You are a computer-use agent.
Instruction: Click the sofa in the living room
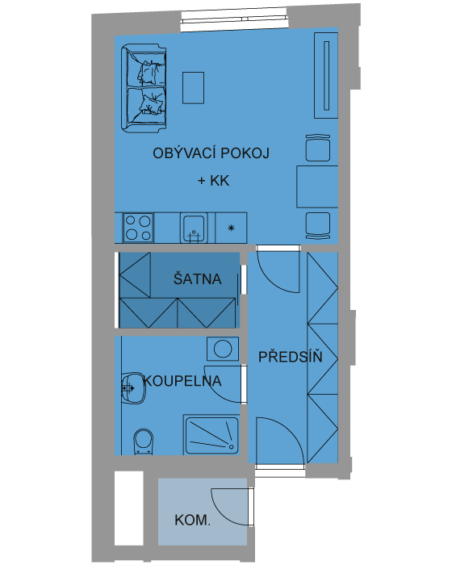click(144, 89)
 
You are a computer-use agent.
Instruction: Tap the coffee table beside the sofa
click(193, 88)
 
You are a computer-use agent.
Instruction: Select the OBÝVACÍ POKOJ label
click(211, 153)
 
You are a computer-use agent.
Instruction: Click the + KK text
click(213, 181)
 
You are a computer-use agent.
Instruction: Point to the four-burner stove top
click(138, 228)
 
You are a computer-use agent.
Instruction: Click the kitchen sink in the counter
click(194, 228)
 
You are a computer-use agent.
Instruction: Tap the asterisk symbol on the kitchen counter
click(232, 228)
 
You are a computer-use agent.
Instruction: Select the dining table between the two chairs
click(317, 186)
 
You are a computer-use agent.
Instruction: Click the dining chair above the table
click(318, 148)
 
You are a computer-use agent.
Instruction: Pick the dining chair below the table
click(318, 225)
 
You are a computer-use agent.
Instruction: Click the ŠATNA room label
click(197, 279)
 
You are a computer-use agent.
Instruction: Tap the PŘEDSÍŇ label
click(290, 357)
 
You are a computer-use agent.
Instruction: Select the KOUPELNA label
click(182, 381)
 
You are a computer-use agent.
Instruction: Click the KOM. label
click(192, 520)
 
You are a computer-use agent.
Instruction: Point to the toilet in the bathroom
click(144, 442)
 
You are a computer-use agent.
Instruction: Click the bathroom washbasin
click(133, 388)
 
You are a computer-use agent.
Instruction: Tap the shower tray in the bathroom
click(211, 435)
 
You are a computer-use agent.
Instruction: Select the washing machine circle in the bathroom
click(223, 349)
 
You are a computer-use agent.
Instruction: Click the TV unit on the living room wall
click(326, 75)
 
